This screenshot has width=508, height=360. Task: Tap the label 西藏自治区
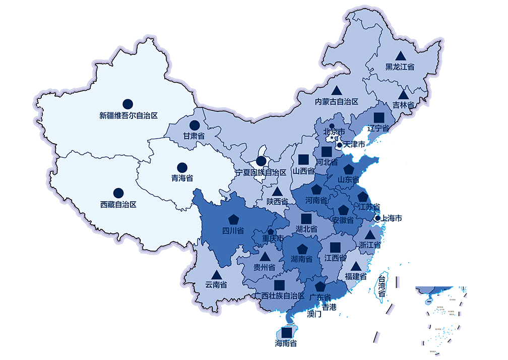pos(118,205)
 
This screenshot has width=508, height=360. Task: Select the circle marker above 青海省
pos(182,167)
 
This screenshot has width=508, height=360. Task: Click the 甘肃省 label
pos(194,136)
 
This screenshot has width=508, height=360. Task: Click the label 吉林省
pos(403,105)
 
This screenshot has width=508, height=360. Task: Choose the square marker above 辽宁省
pos(379,117)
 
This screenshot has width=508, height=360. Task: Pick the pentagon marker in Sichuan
pos(233,219)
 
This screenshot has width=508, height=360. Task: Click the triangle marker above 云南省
pos(216,275)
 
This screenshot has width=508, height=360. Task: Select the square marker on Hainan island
pos(287,333)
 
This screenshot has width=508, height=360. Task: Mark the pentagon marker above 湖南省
pos(302,249)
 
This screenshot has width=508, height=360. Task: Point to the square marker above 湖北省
pos(306,218)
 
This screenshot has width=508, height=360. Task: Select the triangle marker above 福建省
pos(356,266)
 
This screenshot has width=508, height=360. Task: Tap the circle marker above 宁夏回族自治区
pos(261,161)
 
